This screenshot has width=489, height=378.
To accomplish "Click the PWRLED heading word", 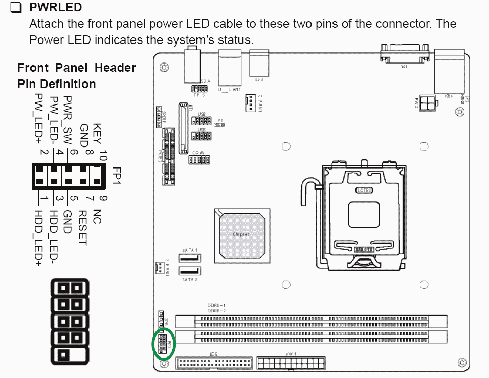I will point(56,8).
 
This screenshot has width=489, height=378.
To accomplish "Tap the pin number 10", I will point(102,153).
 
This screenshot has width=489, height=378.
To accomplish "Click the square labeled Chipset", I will point(240,234).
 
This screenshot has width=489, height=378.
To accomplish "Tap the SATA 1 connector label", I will point(189,250).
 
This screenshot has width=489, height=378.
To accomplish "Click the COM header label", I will point(198,153).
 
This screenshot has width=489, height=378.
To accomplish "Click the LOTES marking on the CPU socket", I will point(364,190).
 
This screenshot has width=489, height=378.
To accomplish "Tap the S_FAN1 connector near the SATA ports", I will point(159,267).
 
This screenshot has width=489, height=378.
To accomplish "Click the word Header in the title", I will point(118,68).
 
